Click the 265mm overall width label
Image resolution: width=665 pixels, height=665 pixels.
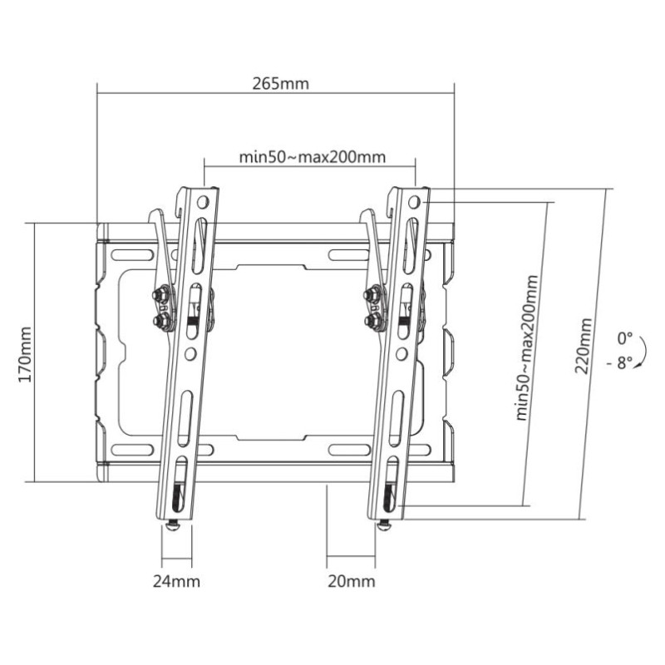pos(274,85)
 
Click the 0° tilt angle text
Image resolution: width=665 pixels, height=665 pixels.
pos(624,338)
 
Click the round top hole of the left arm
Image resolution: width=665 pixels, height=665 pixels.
pos(203,200)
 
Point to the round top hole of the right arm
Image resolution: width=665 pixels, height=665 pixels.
pos(415,200)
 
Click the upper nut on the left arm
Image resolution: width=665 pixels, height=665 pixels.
pos(161,293)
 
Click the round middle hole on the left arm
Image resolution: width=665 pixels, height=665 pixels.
pos(190,353)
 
